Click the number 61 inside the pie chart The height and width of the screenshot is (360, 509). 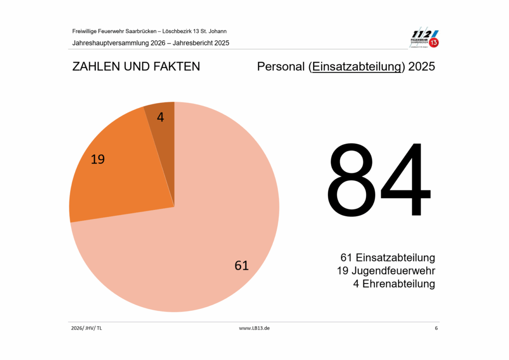242,266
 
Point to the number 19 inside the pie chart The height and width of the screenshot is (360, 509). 98,160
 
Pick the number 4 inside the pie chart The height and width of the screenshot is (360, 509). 160,117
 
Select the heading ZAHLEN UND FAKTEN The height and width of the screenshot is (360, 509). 136,67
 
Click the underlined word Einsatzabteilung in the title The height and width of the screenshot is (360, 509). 356,67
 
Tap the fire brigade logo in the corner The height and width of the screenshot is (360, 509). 424,39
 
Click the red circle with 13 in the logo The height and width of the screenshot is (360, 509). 434,43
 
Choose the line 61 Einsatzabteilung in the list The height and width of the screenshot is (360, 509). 388,258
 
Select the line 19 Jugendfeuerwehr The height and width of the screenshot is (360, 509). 386,271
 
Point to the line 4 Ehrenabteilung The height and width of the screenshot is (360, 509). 393,284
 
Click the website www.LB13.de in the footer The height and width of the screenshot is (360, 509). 254,329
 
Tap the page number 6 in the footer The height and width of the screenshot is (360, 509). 436,329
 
